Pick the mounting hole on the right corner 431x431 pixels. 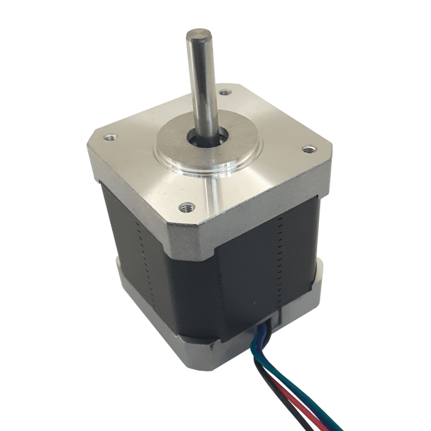(x=307, y=148)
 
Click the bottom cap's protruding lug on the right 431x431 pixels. (x=319, y=271)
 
